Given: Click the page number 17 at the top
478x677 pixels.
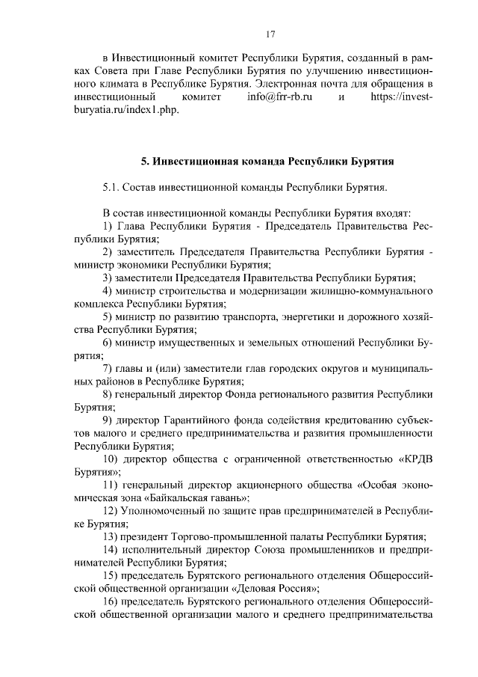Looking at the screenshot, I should [x=272, y=33].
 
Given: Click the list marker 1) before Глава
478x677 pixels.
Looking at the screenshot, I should [x=108, y=225].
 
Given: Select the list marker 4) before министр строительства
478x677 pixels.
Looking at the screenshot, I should [x=108, y=291].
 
